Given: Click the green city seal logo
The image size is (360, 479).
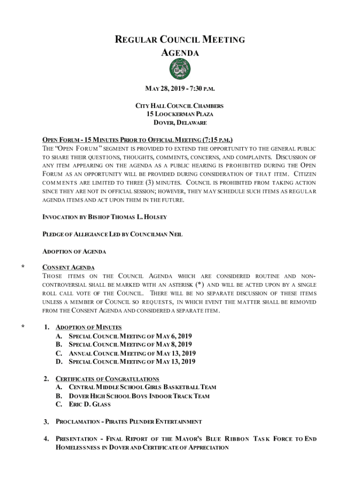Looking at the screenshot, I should pos(180,70).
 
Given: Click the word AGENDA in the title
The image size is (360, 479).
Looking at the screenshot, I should pos(180,53).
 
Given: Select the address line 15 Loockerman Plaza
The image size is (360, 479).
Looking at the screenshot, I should pos(180,114).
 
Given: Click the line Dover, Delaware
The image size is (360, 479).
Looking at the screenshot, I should pos(180,123).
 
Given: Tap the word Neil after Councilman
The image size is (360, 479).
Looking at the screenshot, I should pos(176,234).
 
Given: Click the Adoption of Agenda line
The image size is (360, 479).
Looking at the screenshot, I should pos(74,252).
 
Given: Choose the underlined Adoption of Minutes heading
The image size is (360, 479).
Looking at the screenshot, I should pos(88,327).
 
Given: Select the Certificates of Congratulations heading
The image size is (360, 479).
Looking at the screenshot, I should pos(107,379).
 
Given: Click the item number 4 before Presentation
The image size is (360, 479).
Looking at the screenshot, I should pos(46,439).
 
